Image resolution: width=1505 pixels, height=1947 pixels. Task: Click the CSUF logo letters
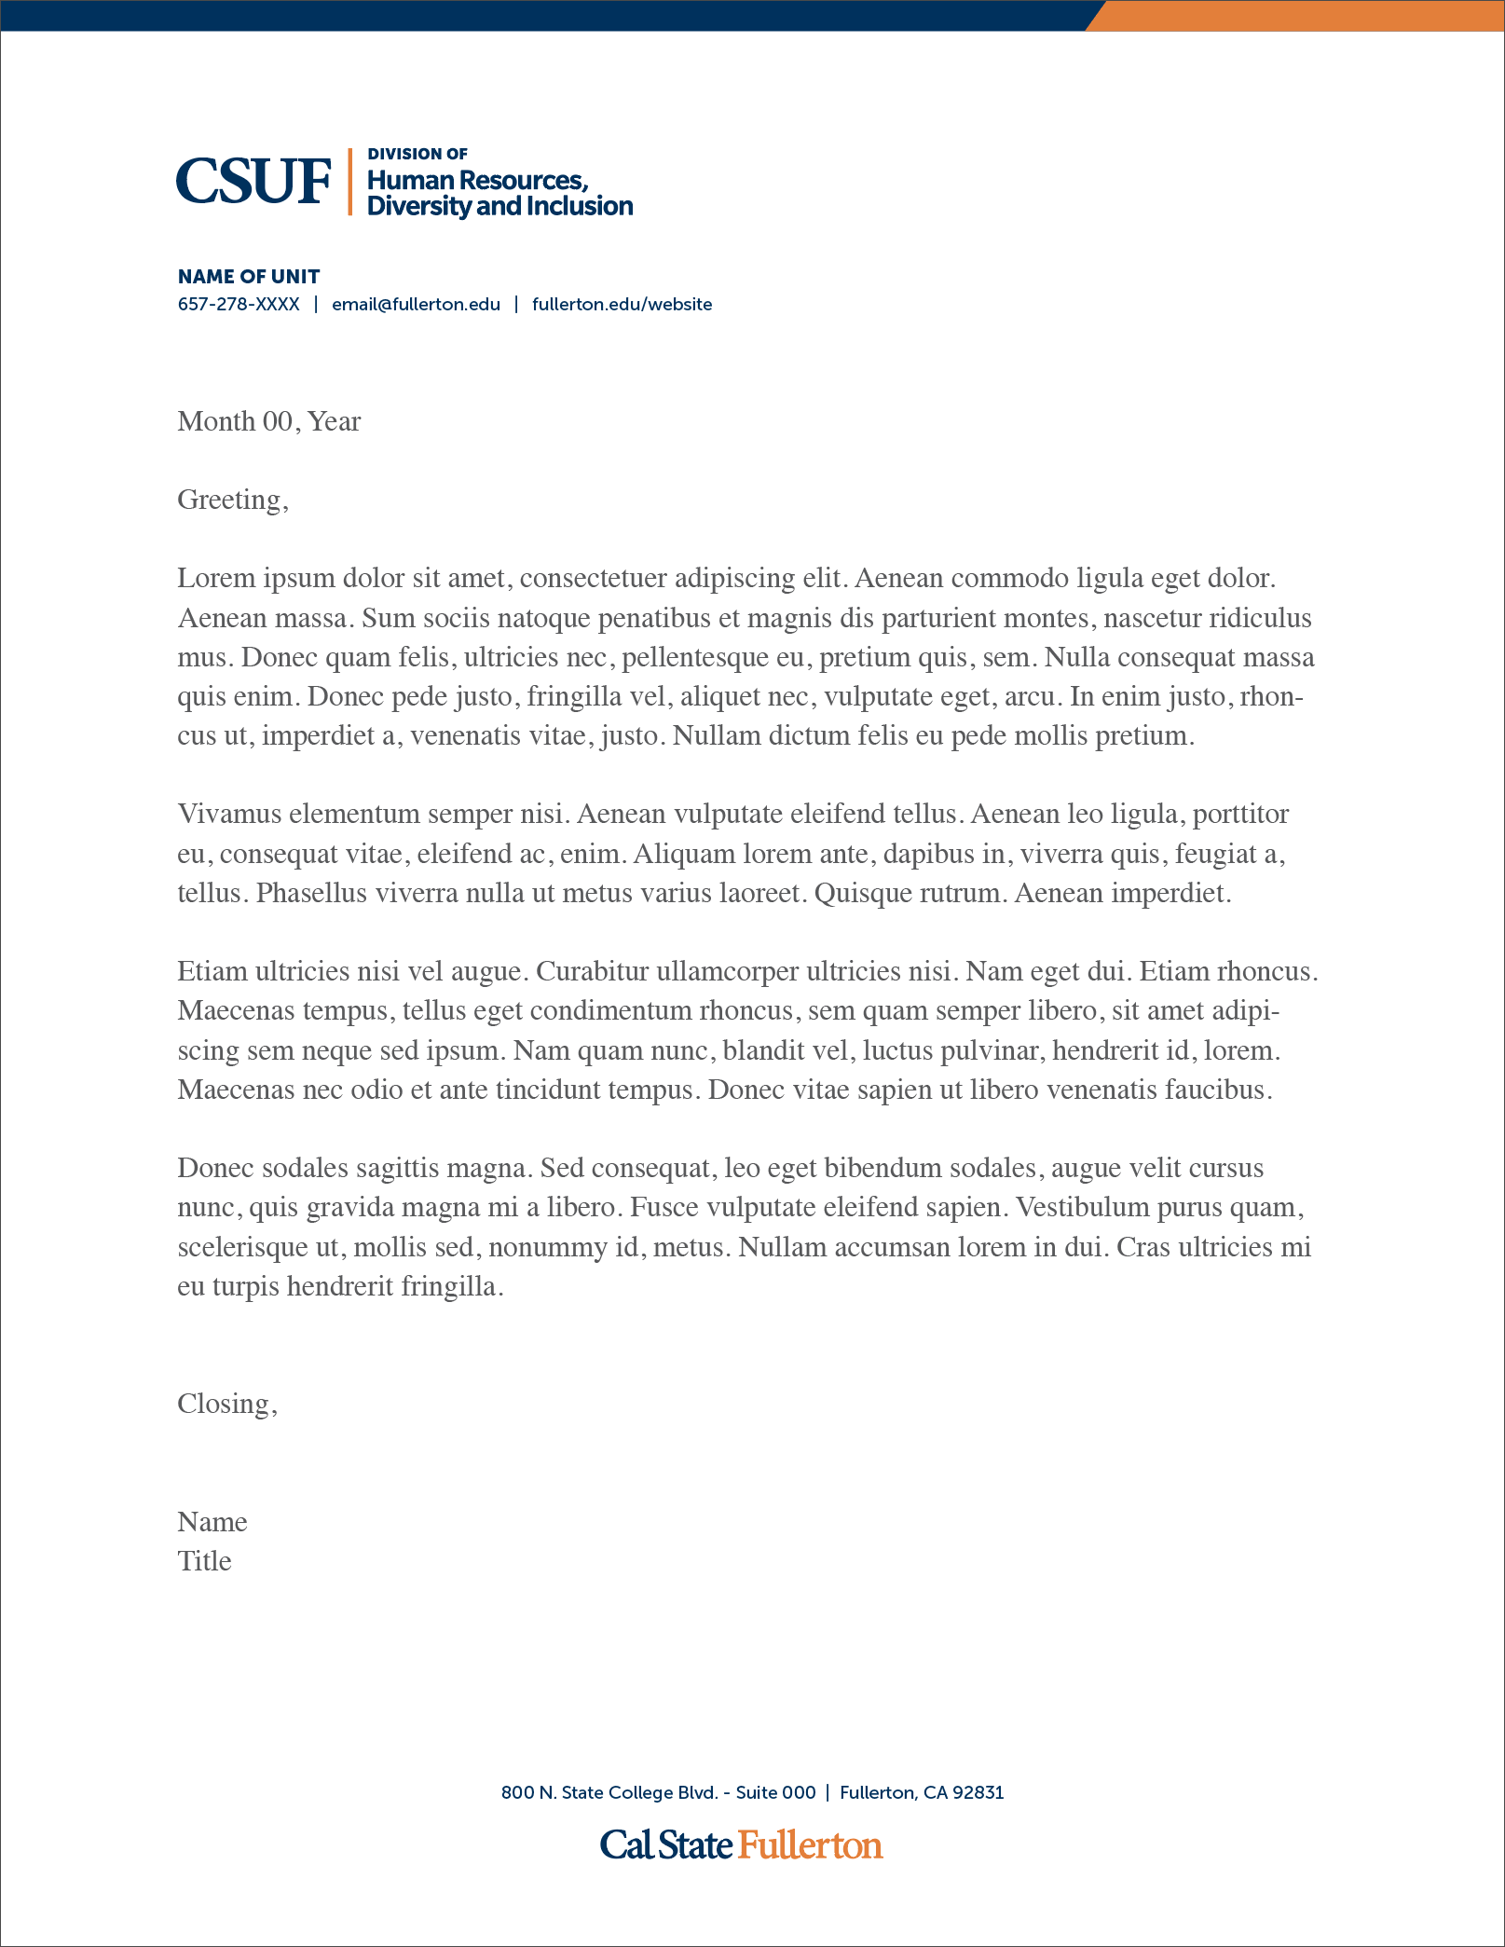click(253, 181)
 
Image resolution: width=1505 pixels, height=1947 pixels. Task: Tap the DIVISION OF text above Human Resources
click(417, 154)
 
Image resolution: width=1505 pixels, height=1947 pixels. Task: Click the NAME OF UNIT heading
click(249, 277)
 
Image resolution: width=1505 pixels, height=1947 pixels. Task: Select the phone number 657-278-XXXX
click(239, 305)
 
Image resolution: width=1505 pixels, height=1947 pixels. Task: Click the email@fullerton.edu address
click(416, 305)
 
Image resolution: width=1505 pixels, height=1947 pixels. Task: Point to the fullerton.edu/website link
click(622, 305)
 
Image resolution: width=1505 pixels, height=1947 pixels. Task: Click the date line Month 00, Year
click(268, 421)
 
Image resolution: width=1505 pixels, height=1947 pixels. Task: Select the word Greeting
click(229, 500)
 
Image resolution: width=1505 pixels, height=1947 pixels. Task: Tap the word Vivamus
click(228, 815)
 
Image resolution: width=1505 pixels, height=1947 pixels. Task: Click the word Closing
click(224, 1404)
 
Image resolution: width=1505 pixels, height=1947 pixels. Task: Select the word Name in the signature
click(212, 1522)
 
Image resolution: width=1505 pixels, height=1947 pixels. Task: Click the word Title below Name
click(204, 1561)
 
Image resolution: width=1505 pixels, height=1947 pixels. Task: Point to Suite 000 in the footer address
click(775, 1792)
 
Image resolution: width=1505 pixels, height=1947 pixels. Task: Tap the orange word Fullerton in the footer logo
click(811, 1845)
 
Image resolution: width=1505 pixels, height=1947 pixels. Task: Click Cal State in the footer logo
click(666, 1845)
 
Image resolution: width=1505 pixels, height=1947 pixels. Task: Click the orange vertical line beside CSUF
click(350, 182)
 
